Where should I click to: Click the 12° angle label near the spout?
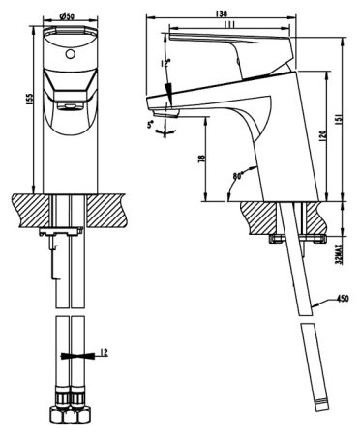click(165, 63)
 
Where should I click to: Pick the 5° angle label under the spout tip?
click(150, 125)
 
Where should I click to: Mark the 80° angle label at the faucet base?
click(238, 177)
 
